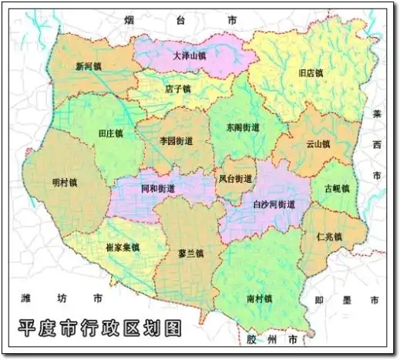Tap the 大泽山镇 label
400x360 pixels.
pyautogui.click(x=189, y=56)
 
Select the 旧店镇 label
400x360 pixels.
pyautogui.click(x=310, y=73)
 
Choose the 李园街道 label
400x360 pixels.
pyautogui.click(x=176, y=141)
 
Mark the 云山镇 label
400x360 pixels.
pyautogui.click(x=318, y=143)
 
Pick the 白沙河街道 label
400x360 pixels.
pyautogui.click(x=274, y=205)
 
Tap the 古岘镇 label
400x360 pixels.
pyautogui.click(x=336, y=188)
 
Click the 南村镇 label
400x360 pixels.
pyautogui.click(x=260, y=297)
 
